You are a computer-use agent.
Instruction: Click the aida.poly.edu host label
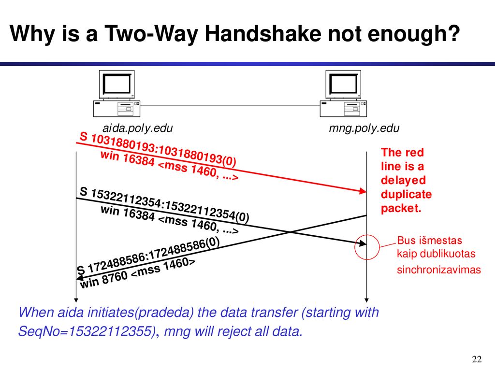[138, 128]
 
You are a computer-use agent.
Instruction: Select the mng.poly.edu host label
[364, 128]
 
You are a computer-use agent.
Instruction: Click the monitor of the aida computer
[117, 85]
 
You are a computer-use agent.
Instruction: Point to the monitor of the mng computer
[343, 85]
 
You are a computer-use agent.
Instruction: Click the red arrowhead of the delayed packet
[363, 191]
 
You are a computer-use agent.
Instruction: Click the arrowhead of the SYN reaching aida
[80, 278]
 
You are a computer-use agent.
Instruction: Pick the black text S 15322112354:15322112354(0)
[164, 205]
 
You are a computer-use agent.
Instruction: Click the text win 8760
[104, 280]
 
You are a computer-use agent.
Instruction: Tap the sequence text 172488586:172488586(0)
[153, 255]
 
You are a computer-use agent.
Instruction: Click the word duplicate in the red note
[406, 195]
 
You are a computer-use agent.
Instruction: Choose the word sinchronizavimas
[439, 270]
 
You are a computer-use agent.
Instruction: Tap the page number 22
[477, 359]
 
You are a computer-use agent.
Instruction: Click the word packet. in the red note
[401, 209]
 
